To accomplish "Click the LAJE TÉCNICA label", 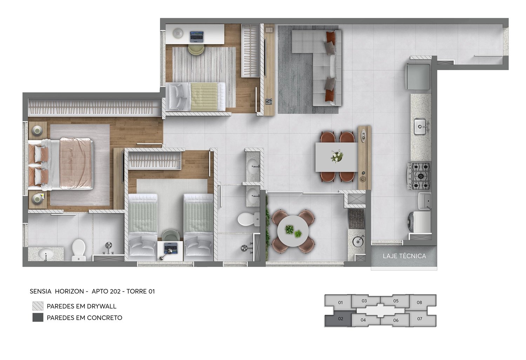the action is (x=404, y=256).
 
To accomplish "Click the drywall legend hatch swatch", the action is (x=38, y=306).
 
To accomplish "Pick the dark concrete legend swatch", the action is (x=38, y=318).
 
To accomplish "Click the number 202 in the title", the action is (x=113, y=291).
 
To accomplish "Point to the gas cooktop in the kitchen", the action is (x=419, y=176).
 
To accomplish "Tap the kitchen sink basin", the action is (x=420, y=127).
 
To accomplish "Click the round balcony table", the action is (x=293, y=231).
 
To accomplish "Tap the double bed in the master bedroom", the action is (x=61, y=164).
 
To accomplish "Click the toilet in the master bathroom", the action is (x=79, y=250).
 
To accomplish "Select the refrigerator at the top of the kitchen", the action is (x=418, y=77).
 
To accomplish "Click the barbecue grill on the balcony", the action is (x=357, y=219).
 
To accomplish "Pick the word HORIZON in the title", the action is (x=69, y=291).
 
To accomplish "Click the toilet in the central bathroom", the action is (x=248, y=219).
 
